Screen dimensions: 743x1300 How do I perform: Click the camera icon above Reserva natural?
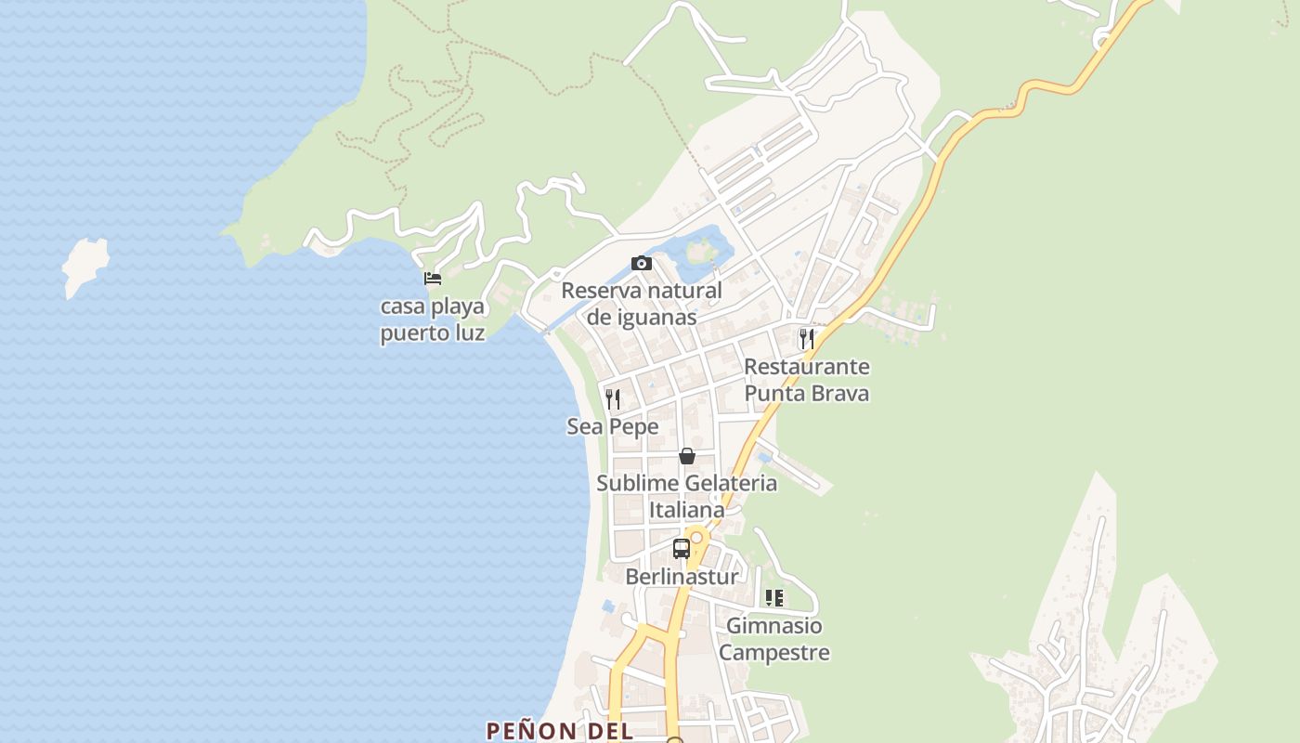tap(641, 264)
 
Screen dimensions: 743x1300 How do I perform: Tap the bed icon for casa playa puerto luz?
tap(432, 278)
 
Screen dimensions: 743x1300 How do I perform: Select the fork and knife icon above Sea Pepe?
tap(613, 399)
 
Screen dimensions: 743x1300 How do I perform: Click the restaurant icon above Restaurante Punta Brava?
tap(807, 339)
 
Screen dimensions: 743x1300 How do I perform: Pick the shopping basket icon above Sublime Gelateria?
tap(687, 456)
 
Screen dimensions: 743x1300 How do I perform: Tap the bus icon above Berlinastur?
tap(682, 548)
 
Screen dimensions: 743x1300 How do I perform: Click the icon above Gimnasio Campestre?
tap(774, 598)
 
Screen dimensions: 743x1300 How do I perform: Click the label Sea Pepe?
tap(613, 427)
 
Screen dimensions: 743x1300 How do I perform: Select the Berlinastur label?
tap(682, 577)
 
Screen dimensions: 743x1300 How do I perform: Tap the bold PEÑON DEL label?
tap(560, 731)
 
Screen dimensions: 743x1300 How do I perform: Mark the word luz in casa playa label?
tap(468, 332)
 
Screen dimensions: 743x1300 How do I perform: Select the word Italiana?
tap(687, 510)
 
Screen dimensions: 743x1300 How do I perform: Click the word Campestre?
tap(774, 653)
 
